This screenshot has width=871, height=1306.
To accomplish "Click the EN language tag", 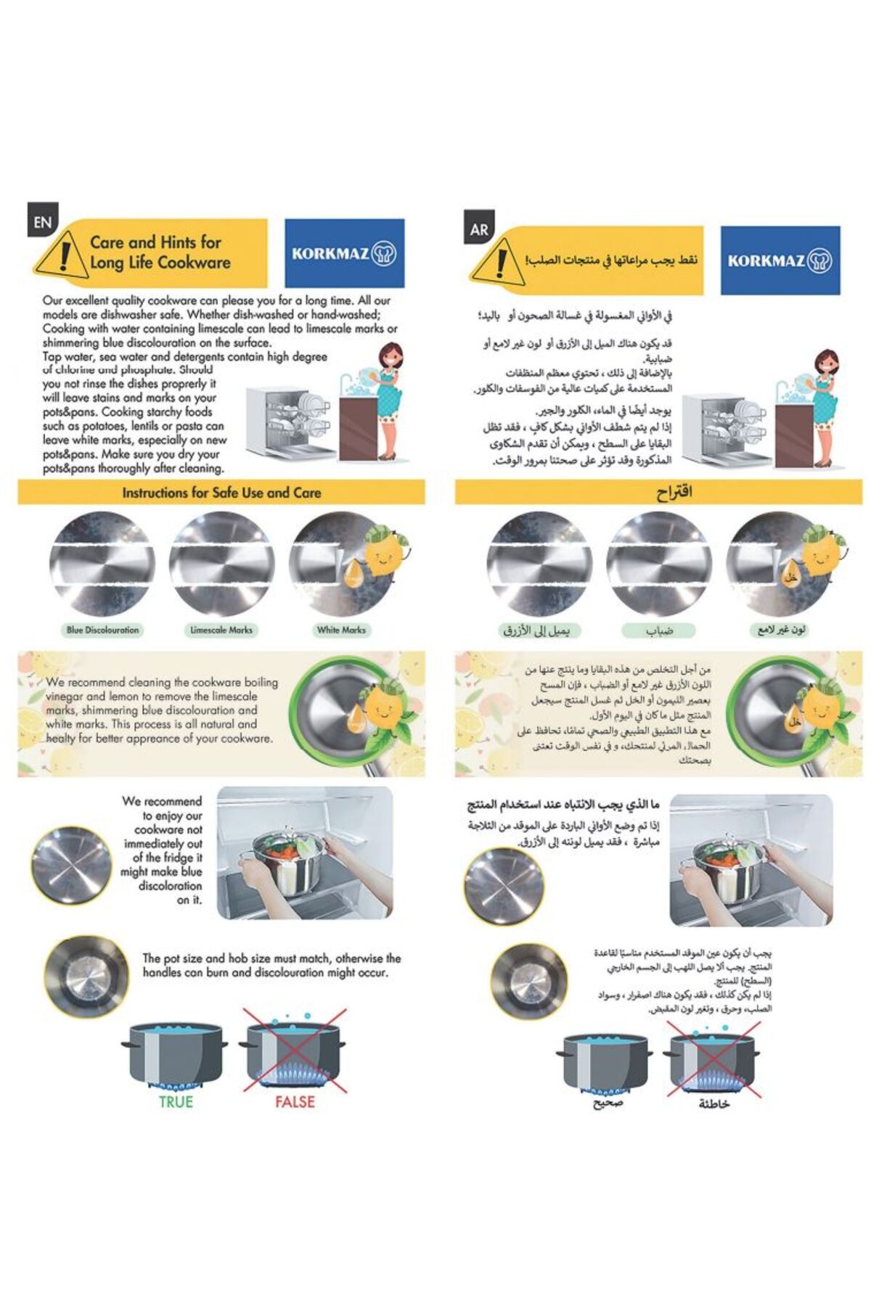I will [42, 223].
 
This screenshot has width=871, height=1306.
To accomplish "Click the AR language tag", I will [479, 229].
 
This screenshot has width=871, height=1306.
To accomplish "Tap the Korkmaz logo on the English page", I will [344, 253].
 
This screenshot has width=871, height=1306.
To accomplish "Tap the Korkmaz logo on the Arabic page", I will [780, 260].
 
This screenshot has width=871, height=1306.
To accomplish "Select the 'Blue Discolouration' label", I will [102, 630].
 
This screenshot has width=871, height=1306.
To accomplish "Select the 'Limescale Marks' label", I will [221, 630].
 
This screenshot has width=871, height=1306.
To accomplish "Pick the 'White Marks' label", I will [341, 630].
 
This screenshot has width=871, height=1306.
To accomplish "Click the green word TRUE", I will [176, 1101].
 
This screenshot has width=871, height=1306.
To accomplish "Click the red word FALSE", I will [295, 1101].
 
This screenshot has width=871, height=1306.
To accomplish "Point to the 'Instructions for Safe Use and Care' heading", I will [221, 493].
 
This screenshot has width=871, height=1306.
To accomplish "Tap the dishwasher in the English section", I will [289, 424].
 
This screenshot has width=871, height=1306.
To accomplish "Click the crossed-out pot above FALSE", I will [294, 1050].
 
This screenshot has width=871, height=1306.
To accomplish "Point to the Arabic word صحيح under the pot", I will [608, 1104].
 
